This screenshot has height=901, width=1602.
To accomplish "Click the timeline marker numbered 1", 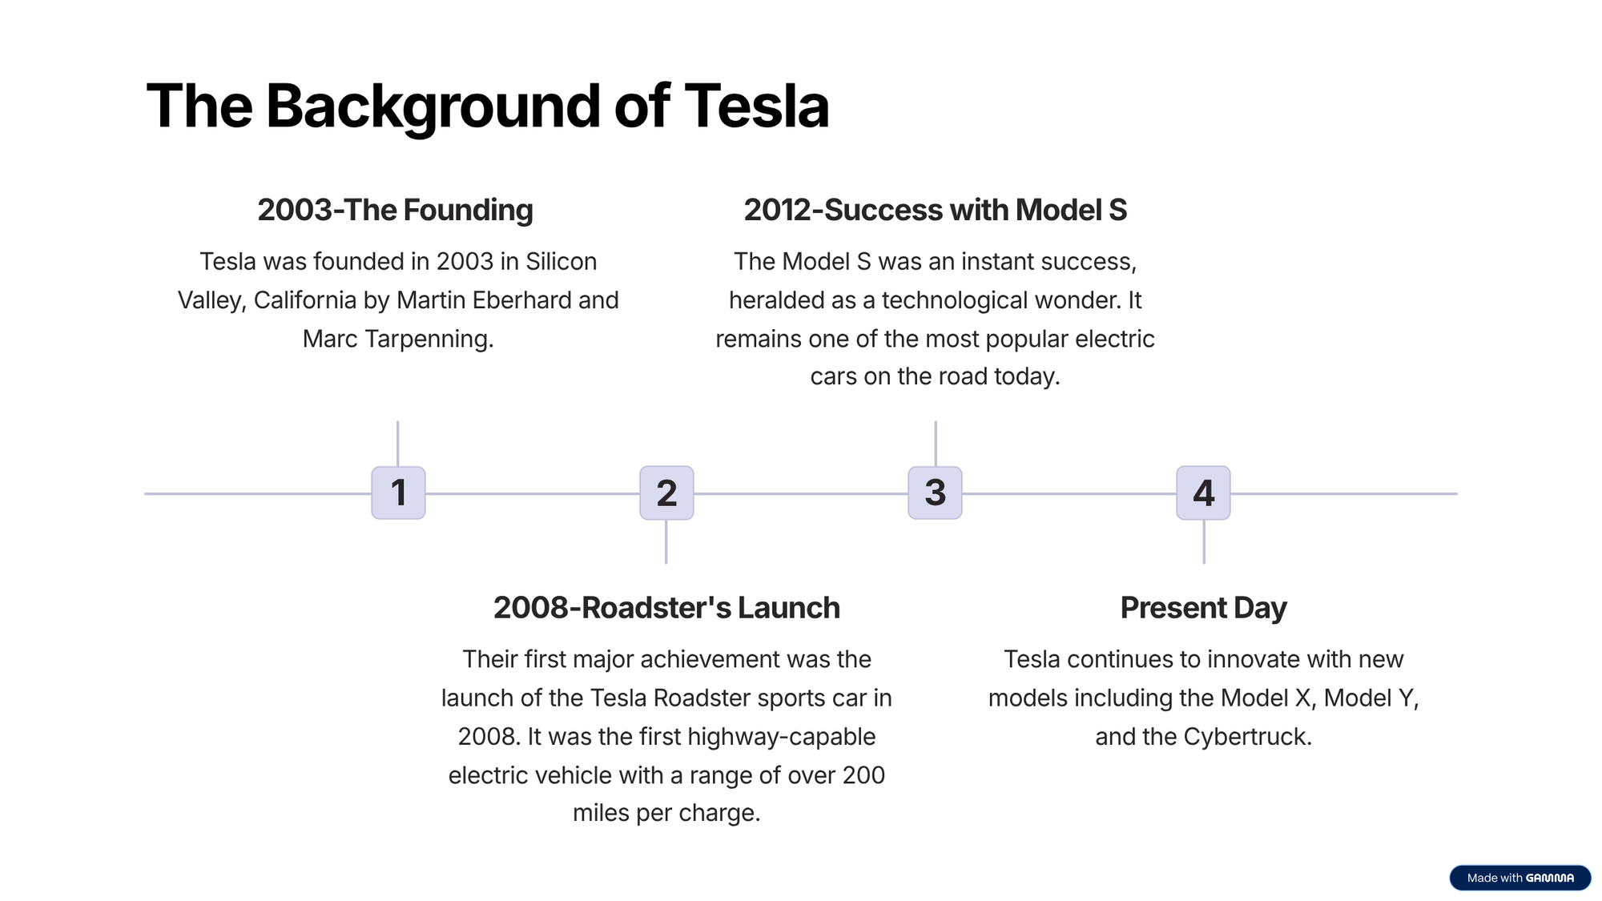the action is click(398, 493).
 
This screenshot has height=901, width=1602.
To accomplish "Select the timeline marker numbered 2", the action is click(666, 493).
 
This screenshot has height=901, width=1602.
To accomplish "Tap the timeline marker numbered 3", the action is click(935, 493).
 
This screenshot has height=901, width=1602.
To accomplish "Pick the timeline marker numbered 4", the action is click(1203, 493).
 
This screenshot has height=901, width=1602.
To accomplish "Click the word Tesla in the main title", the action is click(756, 106).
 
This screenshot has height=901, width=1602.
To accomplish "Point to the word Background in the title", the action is click(433, 107).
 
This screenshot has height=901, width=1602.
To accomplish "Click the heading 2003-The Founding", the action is click(395, 210).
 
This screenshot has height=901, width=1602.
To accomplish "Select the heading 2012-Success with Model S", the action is click(935, 210).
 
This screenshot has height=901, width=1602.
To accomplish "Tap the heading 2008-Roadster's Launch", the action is click(666, 608).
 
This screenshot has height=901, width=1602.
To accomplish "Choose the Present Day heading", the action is click(1203, 608).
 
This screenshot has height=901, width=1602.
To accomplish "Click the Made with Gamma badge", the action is click(1519, 878).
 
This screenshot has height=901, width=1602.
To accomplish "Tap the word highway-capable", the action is click(781, 737).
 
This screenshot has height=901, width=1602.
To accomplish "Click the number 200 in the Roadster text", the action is click(863, 775).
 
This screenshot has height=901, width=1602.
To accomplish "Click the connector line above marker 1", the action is click(397, 444).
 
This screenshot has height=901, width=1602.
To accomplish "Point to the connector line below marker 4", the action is click(1203, 541).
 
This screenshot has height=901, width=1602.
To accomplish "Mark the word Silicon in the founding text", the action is click(561, 262).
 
